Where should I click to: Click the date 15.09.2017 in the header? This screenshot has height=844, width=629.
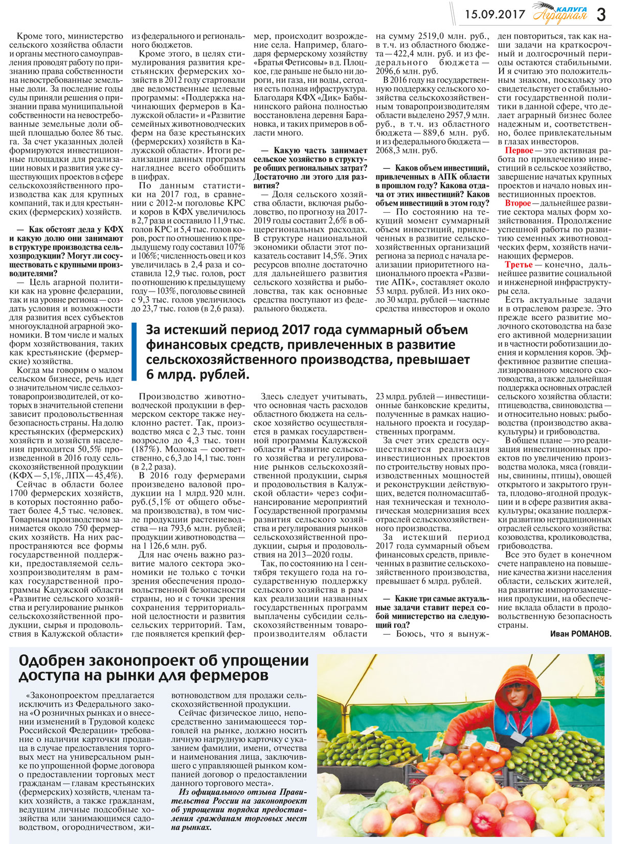(x=495, y=14)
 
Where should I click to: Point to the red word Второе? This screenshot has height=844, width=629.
(x=518, y=203)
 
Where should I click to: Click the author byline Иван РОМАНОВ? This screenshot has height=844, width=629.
(x=580, y=634)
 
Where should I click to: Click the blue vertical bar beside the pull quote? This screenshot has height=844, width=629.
(x=134, y=352)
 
